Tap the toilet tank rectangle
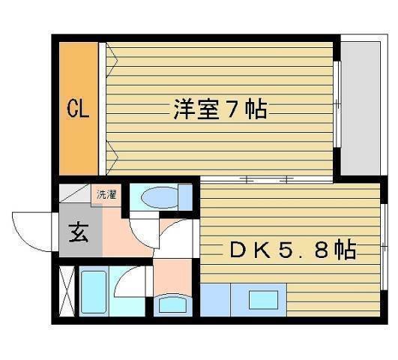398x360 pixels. (x=184, y=199)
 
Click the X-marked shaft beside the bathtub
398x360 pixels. (x=66, y=292)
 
